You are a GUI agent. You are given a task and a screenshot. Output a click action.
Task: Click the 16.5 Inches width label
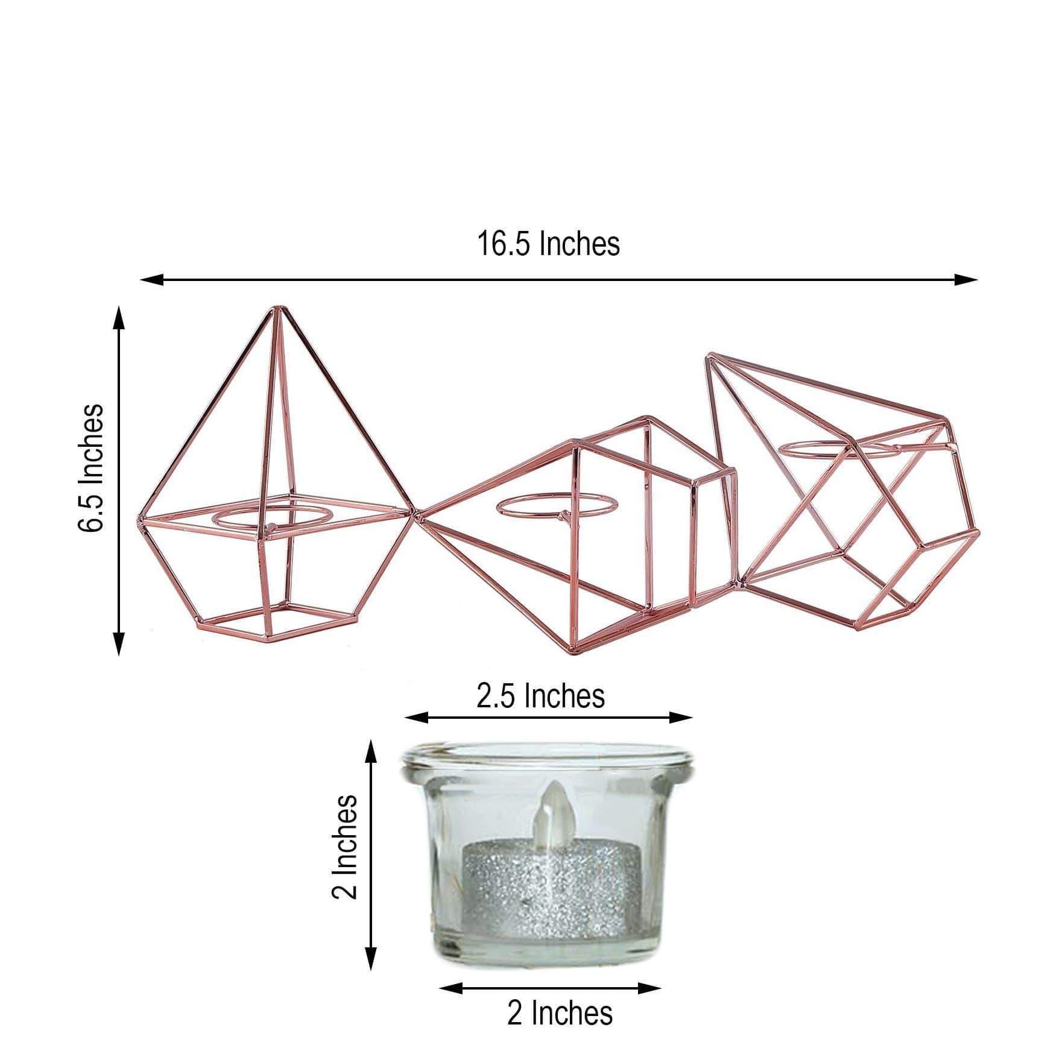pos(548,244)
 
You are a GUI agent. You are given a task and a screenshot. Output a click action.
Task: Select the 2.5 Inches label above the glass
pos(540,696)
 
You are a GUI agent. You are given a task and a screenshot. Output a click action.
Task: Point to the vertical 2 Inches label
pos(345,850)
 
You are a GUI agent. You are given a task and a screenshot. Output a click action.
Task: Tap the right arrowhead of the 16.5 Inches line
pos(967,279)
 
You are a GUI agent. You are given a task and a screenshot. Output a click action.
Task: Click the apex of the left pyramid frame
pos(278,309)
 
